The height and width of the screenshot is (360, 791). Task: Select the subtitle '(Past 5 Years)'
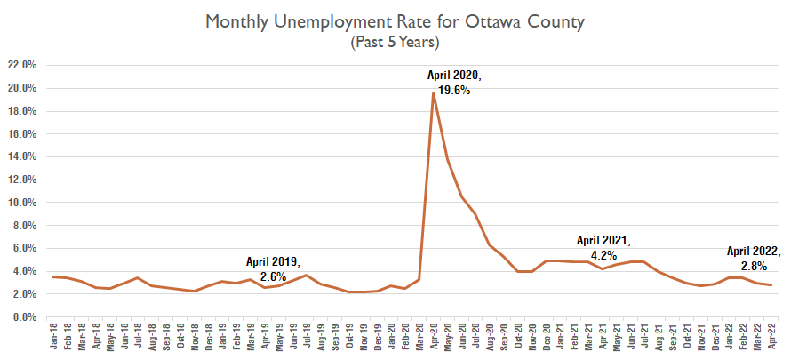[395, 41]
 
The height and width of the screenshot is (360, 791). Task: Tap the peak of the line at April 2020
[433, 92]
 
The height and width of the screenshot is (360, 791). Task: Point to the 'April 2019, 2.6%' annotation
[274, 268]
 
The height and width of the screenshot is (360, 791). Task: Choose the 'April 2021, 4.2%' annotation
[603, 246]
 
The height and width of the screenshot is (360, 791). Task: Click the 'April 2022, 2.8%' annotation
[754, 258]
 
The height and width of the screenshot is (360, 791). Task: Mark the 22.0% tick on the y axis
[21, 65]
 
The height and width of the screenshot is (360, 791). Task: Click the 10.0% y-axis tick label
[21, 203]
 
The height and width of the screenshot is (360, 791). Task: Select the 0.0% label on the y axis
[23, 317]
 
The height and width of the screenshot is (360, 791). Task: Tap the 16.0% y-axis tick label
[21, 134]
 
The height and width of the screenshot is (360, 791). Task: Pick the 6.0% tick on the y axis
[23, 249]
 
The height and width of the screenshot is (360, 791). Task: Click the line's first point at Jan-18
[53, 277]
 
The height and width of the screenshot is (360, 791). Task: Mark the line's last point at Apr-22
[770, 285]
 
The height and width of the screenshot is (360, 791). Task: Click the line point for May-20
[447, 160]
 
